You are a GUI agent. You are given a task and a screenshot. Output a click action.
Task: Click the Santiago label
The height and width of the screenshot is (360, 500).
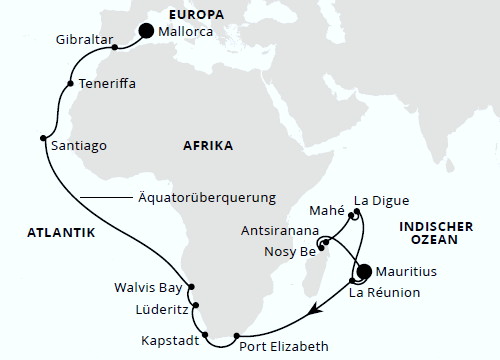pyautogui.click(x=77, y=144)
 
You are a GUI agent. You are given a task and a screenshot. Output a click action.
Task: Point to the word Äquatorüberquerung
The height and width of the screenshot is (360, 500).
pyautogui.click(x=205, y=196)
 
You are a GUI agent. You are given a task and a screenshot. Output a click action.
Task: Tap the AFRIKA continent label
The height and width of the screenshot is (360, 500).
pyautogui.click(x=208, y=146)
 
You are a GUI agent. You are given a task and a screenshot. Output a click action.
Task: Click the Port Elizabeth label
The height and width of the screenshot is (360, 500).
pyautogui.click(x=284, y=347)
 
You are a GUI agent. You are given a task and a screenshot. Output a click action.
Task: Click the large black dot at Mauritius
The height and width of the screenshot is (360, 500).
pyautogui.click(x=364, y=270)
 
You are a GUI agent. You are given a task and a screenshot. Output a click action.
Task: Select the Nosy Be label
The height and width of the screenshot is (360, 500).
pyautogui.click(x=289, y=251)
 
